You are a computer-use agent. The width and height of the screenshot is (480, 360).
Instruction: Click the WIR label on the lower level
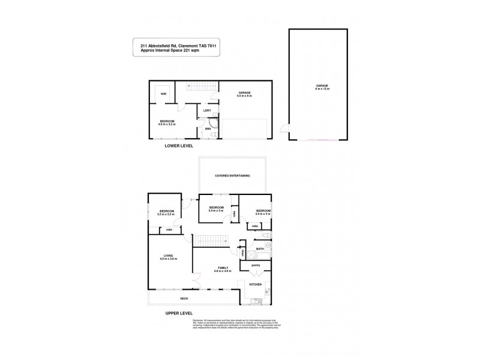click(x=163, y=94)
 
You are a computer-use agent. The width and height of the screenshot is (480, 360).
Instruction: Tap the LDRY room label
click(x=206, y=110)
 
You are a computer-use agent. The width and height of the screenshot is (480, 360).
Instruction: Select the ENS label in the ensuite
click(x=208, y=128)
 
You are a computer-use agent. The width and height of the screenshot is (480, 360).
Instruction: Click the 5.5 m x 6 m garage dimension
click(x=244, y=96)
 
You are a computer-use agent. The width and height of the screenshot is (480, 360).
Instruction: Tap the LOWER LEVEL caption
click(x=182, y=146)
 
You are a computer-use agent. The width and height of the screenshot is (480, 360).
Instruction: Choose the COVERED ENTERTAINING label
click(x=233, y=176)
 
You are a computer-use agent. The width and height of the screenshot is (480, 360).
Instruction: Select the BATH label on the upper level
click(x=260, y=248)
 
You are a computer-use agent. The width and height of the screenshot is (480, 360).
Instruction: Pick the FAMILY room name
click(x=222, y=268)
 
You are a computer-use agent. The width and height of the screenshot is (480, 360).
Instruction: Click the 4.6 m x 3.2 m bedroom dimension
click(x=166, y=125)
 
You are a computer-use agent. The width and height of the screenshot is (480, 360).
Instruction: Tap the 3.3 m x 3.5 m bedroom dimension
click(x=166, y=214)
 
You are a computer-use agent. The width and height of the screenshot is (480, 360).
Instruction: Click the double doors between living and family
click(x=195, y=280)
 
